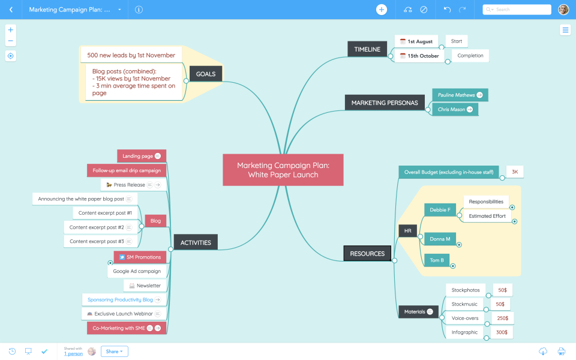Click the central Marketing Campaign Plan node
tap(283, 170)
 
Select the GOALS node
tap(206, 74)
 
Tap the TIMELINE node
tap(367, 49)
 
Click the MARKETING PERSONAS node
tap(384, 103)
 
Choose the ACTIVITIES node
tap(196, 242)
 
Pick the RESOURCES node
tap(367, 253)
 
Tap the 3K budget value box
tap(515, 172)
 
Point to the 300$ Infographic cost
tap(501, 332)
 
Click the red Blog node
tap(155, 221)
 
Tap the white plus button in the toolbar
tap(382, 10)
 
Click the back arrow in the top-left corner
tap(11, 10)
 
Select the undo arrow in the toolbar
tap(447, 10)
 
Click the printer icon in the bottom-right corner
tap(562, 351)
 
